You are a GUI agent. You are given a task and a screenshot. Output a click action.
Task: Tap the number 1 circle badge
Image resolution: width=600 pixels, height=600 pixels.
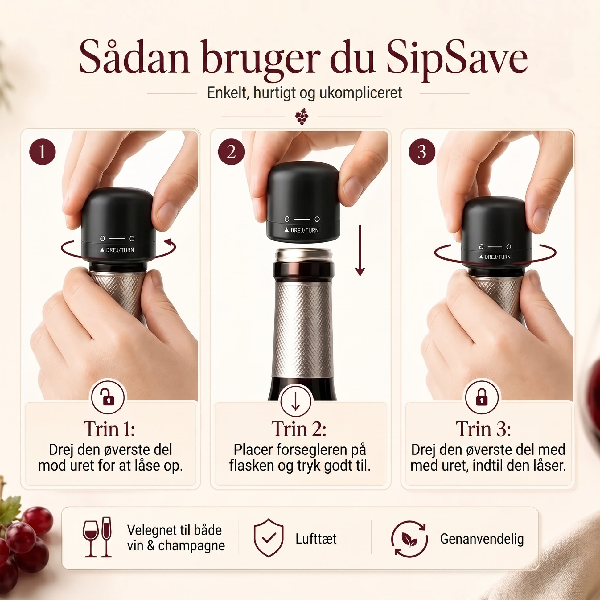coord(42,152)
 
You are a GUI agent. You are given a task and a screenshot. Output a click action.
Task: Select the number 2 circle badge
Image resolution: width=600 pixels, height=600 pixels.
coord(231,152)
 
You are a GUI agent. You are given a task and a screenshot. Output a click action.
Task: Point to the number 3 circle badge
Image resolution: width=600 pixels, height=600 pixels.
coord(421,152)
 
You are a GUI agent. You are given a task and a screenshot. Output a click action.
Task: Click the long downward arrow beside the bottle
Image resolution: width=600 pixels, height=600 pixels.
coord(360,251)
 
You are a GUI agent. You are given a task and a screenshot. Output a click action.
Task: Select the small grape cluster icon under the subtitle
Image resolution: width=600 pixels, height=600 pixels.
coord(302,117)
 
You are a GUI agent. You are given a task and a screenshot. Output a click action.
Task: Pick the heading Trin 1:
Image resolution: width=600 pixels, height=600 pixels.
coord(109,429)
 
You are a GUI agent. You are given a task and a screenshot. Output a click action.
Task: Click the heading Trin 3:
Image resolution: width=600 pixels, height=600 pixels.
coord(483,429)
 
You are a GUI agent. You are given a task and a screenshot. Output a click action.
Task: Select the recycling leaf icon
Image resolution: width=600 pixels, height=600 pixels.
coord(409,538)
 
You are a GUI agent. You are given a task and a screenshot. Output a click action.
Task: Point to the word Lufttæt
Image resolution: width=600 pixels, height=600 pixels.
coord(316,539)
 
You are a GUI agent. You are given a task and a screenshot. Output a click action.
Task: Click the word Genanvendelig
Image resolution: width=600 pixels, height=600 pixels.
coord(482,539)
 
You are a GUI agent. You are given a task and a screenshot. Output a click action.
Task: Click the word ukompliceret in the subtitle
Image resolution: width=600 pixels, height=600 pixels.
coord(360,93)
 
